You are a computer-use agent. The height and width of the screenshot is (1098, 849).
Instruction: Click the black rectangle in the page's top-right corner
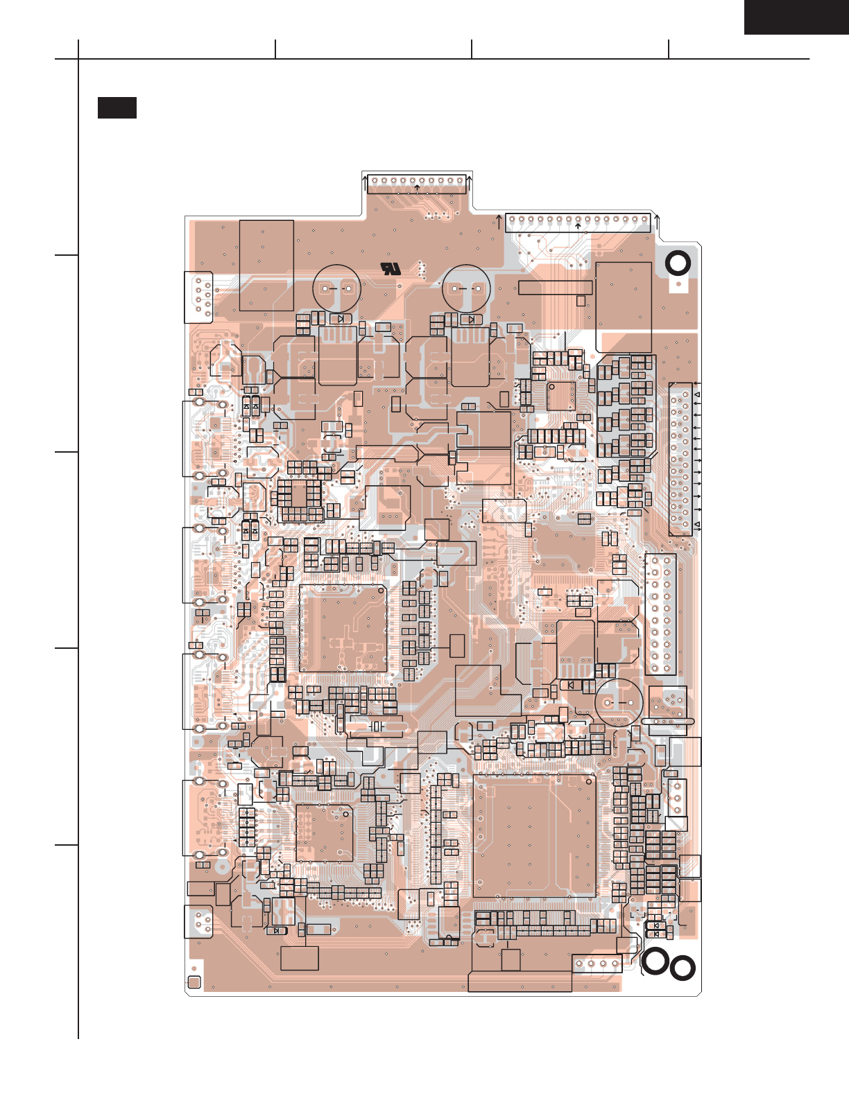[x=796, y=17]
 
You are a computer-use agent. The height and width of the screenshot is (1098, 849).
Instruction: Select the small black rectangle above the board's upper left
[x=117, y=108]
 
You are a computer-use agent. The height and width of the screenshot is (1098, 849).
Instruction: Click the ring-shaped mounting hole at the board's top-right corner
[x=678, y=263]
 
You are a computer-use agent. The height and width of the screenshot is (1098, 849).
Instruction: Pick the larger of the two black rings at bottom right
[x=655, y=961]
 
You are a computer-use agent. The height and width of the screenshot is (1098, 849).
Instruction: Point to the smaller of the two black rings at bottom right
[x=683, y=968]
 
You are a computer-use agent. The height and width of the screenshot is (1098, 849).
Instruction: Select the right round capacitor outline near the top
[x=467, y=289]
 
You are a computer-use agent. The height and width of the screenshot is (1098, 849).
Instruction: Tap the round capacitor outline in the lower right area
[x=619, y=701]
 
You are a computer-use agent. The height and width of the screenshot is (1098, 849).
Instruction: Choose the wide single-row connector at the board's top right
[x=578, y=222]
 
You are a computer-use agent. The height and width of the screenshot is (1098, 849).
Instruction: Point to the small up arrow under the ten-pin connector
[x=417, y=188]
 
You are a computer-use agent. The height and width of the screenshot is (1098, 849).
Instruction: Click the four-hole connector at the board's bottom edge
[x=597, y=964]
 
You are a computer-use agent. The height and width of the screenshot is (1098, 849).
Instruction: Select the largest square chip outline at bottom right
[x=534, y=836]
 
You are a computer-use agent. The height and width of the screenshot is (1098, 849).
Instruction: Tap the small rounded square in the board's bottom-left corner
[x=194, y=982]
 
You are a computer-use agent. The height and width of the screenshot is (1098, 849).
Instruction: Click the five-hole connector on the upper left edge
[x=199, y=297]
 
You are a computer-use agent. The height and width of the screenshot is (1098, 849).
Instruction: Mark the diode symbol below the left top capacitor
[x=341, y=319]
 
